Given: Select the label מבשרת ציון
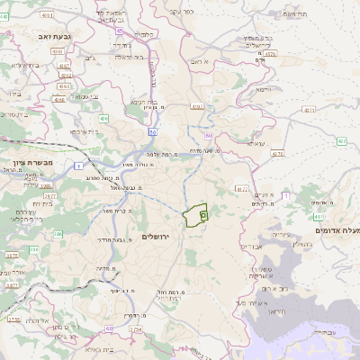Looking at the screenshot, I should pyautogui.click(x=23, y=161).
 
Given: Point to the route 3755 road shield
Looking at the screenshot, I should pyautogui.click(x=14, y=319).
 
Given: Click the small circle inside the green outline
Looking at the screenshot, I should pyautogui.click(x=203, y=215).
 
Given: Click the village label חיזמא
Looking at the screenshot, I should pyautogui.click(x=262, y=90).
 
